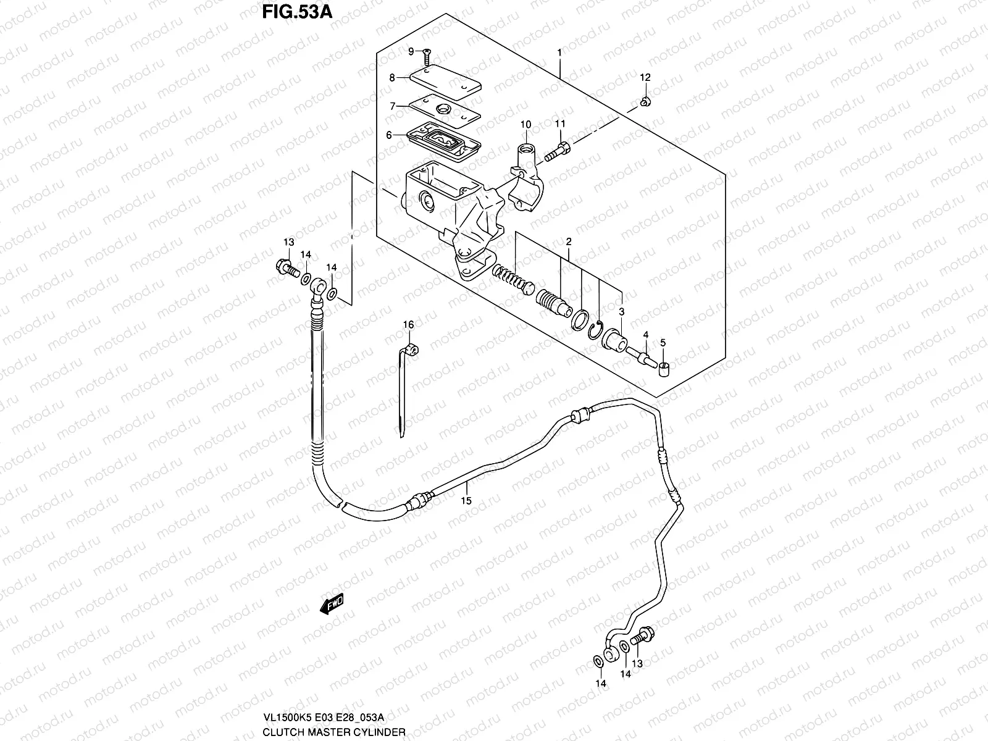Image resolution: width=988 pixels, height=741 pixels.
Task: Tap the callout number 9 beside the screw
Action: pyautogui.click(x=410, y=52)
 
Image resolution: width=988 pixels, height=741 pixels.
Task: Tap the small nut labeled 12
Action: pyautogui.click(x=644, y=101)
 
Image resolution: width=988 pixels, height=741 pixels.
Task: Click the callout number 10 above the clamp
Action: pyautogui.click(x=525, y=125)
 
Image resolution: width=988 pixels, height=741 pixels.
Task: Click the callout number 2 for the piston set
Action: pyautogui.click(x=568, y=241)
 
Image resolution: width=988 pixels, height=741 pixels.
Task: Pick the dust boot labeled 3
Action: pyautogui.click(x=614, y=338)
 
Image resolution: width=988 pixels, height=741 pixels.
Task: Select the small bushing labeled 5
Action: pyautogui.click(x=664, y=369)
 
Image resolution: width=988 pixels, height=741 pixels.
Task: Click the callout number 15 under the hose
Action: pyautogui.click(x=466, y=501)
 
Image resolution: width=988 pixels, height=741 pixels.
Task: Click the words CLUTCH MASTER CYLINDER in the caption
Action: pyautogui.click(x=333, y=732)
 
